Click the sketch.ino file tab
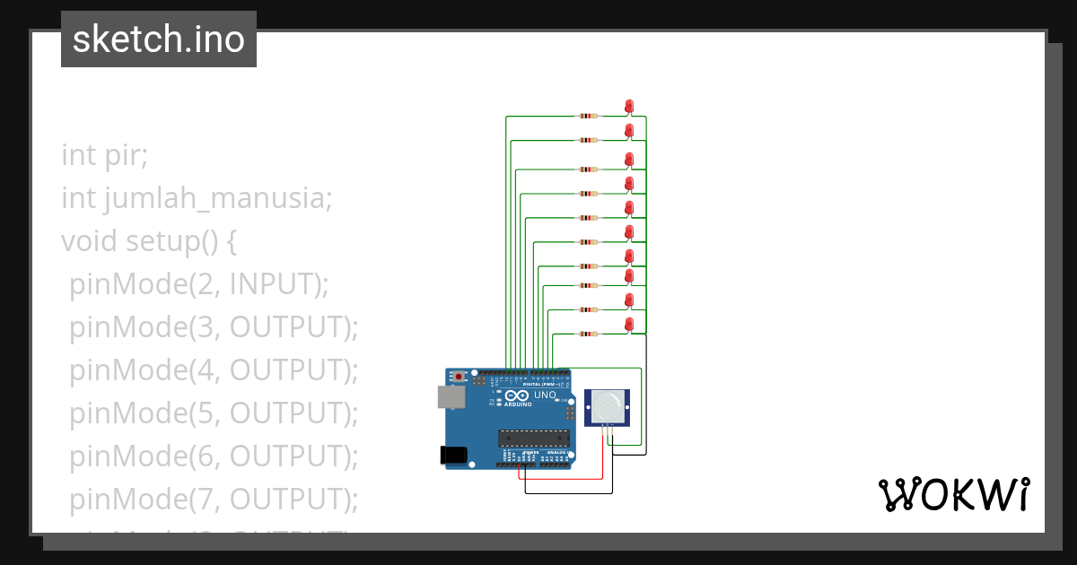(159, 39)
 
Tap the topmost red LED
(629, 107)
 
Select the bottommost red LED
(629, 323)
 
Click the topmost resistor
(588, 116)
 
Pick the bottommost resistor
(588, 335)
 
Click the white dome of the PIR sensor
(607, 408)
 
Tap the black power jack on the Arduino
(455, 456)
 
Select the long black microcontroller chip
(534, 438)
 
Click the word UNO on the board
(546, 395)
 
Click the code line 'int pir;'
(104, 154)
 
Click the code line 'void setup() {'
(149, 241)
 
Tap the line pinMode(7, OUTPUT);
(214, 499)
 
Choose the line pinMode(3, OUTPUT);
(214, 327)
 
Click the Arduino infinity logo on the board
(516, 395)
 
